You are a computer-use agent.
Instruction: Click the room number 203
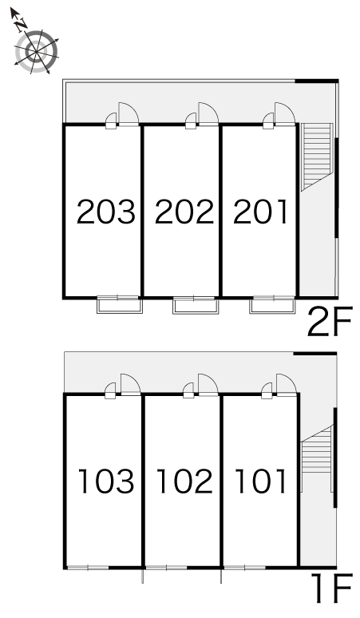click(x=106, y=212)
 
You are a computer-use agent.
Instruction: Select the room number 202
click(x=184, y=212)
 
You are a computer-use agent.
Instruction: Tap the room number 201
click(x=260, y=212)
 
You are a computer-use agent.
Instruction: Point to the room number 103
click(x=106, y=481)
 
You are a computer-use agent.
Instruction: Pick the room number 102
click(x=184, y=481)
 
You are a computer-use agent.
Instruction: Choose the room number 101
click(x=260, y=481)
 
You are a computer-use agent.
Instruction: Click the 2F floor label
click(x=330, y=322)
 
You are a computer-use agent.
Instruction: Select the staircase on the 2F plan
click(x=317, y=156)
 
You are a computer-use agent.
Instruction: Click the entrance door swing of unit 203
click(x=129, y=114)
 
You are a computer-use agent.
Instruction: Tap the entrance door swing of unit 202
click(x=208, y=114)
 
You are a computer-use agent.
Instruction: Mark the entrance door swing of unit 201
click(x=285, y=114)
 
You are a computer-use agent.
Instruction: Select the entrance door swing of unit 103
click(x=130, y=385)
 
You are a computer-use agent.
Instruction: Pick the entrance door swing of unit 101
click(x=287, y=385)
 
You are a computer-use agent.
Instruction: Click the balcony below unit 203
click(x=120, y=305)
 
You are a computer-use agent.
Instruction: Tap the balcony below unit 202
click(x=196, y=305)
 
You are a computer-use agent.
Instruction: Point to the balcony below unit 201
click(x=272, y=305)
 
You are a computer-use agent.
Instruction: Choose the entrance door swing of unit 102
click(x=208, y=385)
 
